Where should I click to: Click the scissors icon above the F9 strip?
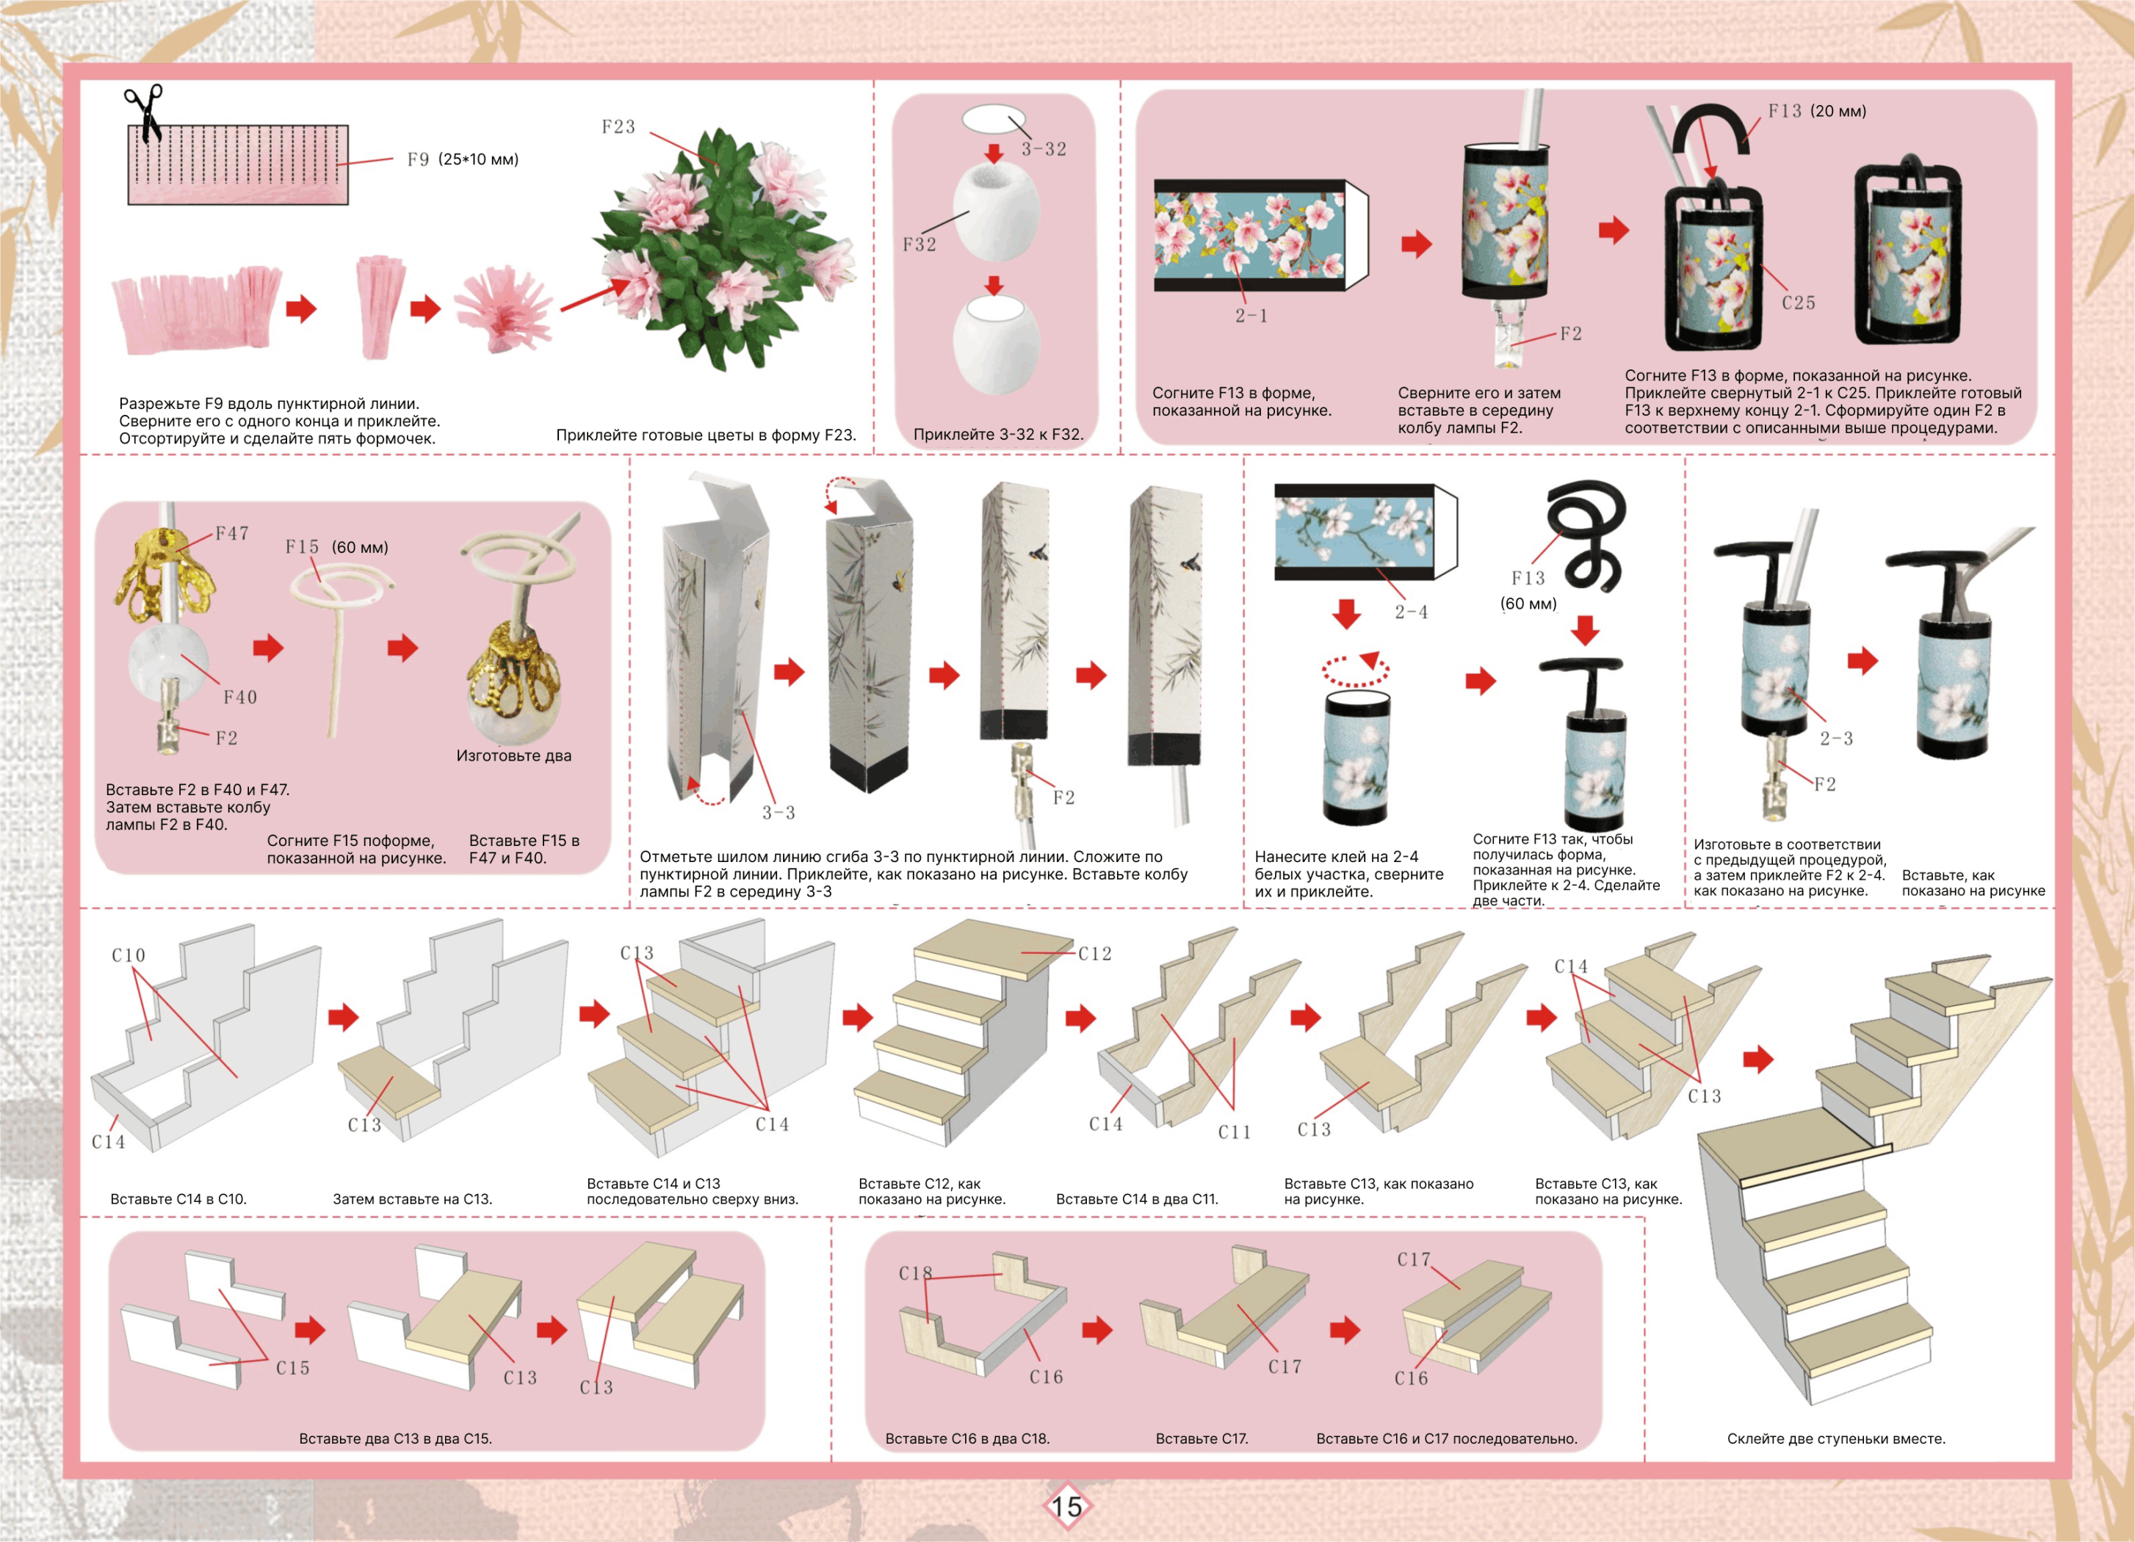(x=143, y=111)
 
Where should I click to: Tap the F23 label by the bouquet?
(x=618, y=127)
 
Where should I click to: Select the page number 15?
(x=1066, y=1506)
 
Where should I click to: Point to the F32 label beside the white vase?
(x=920, y=245)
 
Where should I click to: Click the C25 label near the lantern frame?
(x=1798, y=303)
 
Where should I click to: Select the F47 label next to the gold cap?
(x=231, y=534)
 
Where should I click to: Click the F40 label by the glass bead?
(x=240, y=698)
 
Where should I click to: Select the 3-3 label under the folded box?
(x=779, y=812)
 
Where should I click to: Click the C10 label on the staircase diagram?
(x=128, y=955)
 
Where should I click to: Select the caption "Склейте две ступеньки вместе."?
(x=1835, y=1438)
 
